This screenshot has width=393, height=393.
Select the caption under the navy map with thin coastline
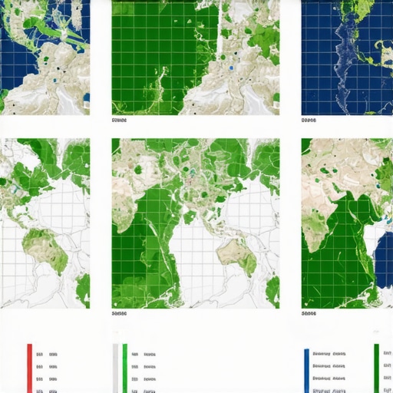[x=309, y=121]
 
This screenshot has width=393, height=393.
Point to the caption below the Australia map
[x=119, y=313]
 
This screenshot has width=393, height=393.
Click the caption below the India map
[x=309, y=313]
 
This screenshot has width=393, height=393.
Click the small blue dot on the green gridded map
[x=230, y=68]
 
